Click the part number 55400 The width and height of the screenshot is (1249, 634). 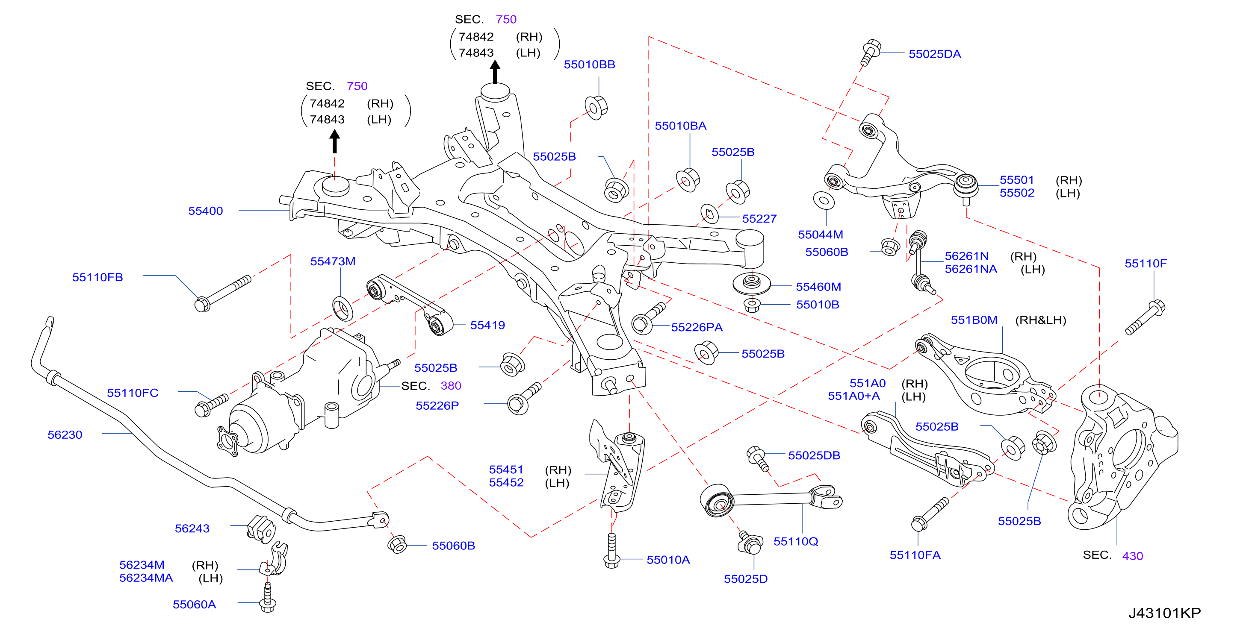[206, 211]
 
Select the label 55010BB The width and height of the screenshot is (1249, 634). [589, 65]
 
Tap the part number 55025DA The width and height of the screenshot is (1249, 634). [934, 54]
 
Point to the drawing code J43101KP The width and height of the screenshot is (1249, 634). [1165, 613]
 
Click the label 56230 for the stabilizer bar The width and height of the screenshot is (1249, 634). [65, 435]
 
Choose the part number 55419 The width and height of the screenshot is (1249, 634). [487, 326]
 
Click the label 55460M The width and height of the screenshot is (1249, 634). [818, 287]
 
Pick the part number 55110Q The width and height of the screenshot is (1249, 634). [796, 541]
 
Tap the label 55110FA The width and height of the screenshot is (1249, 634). [915, 555]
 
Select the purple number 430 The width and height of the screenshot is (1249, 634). [1132, 556]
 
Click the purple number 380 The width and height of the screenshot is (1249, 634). [451, 386]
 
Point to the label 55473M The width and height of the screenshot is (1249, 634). [333, 261]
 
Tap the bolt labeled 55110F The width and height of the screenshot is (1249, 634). [1145, 317]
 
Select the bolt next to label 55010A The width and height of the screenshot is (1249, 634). [611, 551]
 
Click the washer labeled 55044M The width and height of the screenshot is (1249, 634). [823, 200]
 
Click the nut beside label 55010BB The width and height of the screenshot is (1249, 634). [596, 108]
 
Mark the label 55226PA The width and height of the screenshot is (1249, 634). [697, 327]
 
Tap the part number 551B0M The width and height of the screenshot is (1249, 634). [974, 320]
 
